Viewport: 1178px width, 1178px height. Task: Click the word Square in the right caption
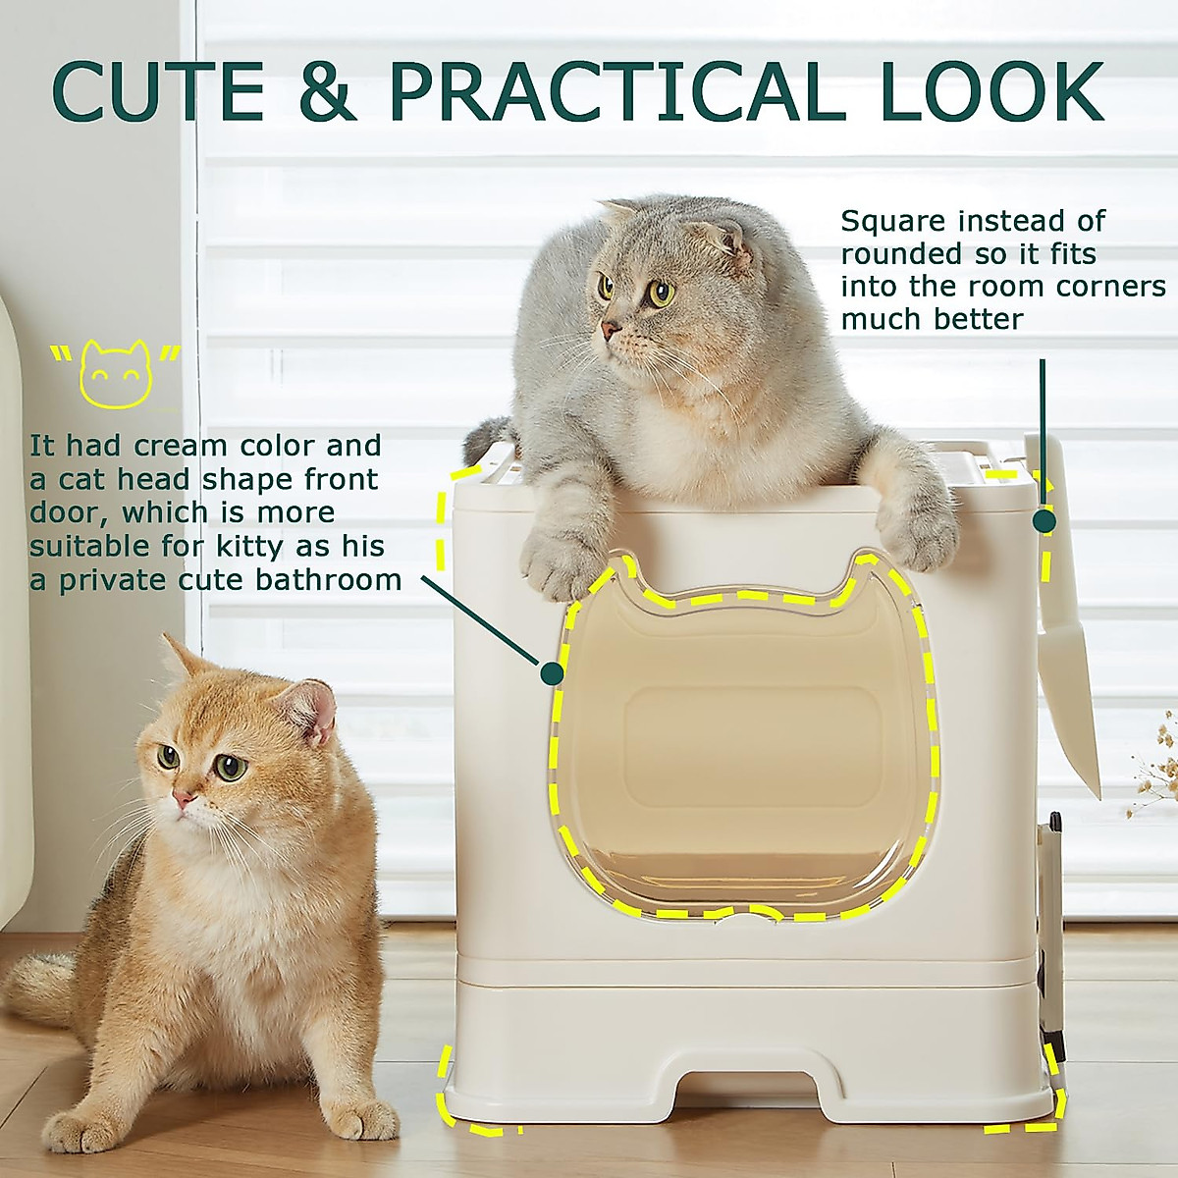click(x=892, y=222)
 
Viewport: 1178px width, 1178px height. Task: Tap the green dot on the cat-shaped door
click(x=552, y=672)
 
